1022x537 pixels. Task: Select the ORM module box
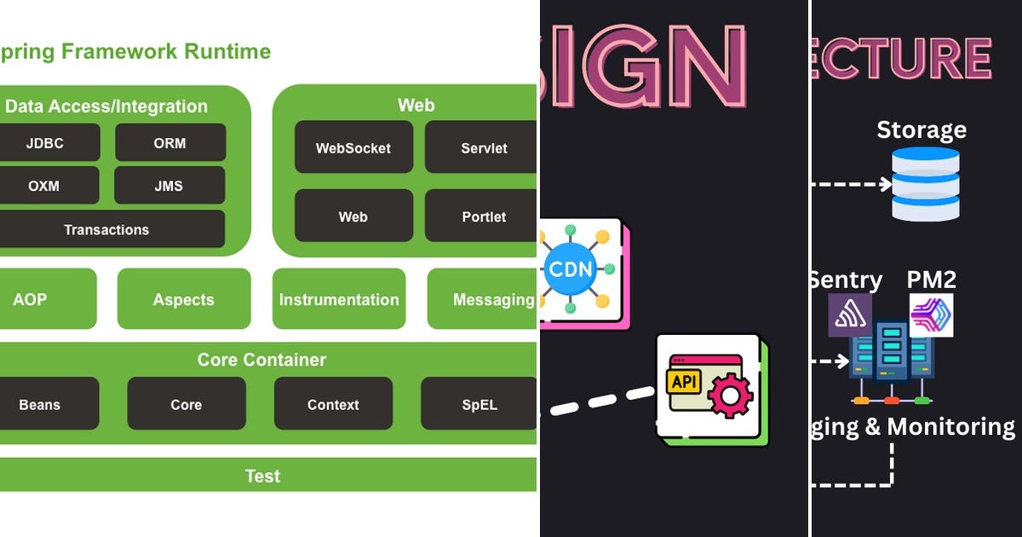pos(170,142)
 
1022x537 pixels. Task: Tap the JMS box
pos(169,185)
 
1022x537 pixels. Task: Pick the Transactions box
pos(107,229)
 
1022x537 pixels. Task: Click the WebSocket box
pos(353,147)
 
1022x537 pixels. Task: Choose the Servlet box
pos(482,147)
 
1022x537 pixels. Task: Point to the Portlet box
pos(482,217)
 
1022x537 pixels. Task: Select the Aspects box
pos(184,299)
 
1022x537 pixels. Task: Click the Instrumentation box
pos(339,299)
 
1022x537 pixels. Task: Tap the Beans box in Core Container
pos(41,404)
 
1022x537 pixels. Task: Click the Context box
pos(333,404)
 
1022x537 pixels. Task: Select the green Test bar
pos(262,476)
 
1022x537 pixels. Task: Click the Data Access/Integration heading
pos(106,107)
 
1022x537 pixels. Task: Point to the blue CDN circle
pos(571,268)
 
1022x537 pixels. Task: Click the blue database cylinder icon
pos(925,184)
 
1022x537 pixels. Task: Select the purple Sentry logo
pos(850,315)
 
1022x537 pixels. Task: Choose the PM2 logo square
pos(931,315)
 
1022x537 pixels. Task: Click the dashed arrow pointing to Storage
pos(852,183)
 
